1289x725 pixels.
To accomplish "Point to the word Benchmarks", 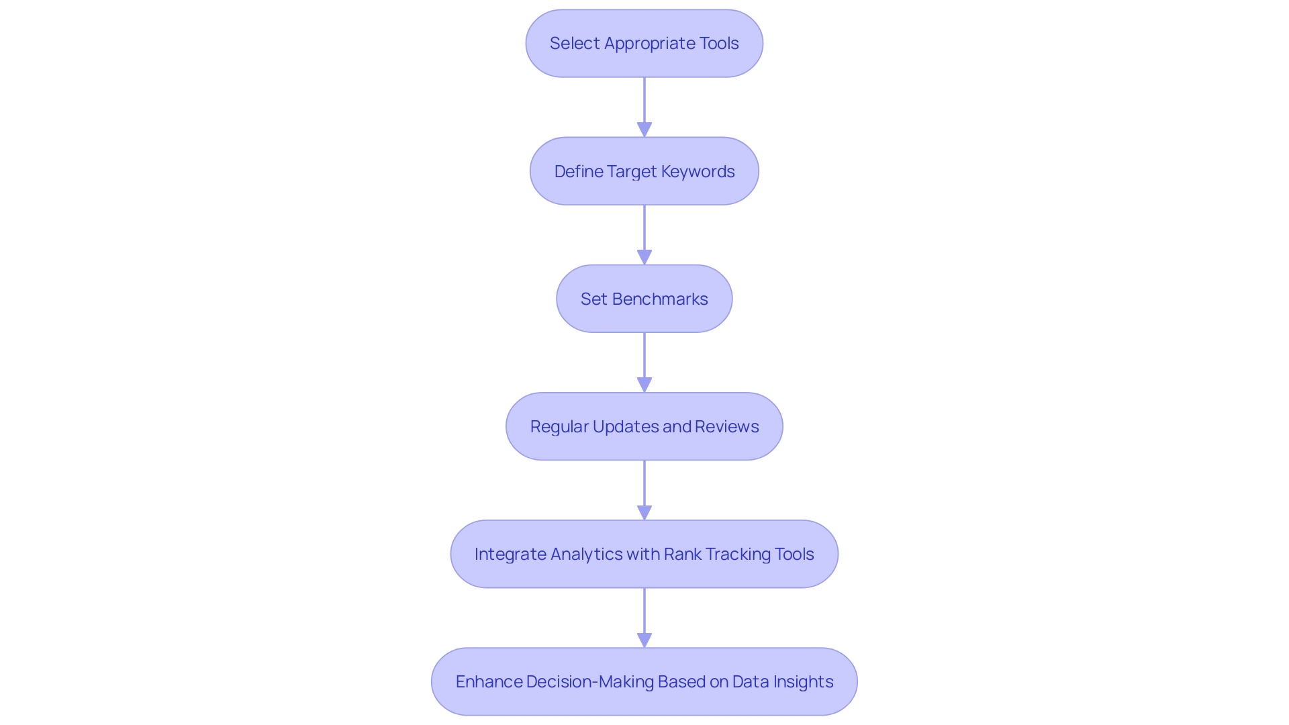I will (x=659, y=299).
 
